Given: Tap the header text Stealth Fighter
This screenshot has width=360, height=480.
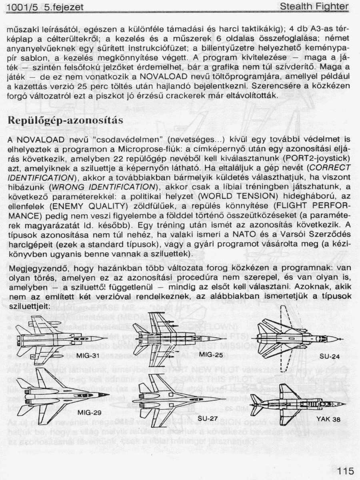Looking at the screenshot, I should [x=314, y=7].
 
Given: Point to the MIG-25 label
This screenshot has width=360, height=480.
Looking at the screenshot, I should [x=211, y=354].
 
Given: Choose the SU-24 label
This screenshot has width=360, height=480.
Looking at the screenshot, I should [x=330, y=356].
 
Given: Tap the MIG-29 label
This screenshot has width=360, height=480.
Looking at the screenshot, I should [x=90, y=412].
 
